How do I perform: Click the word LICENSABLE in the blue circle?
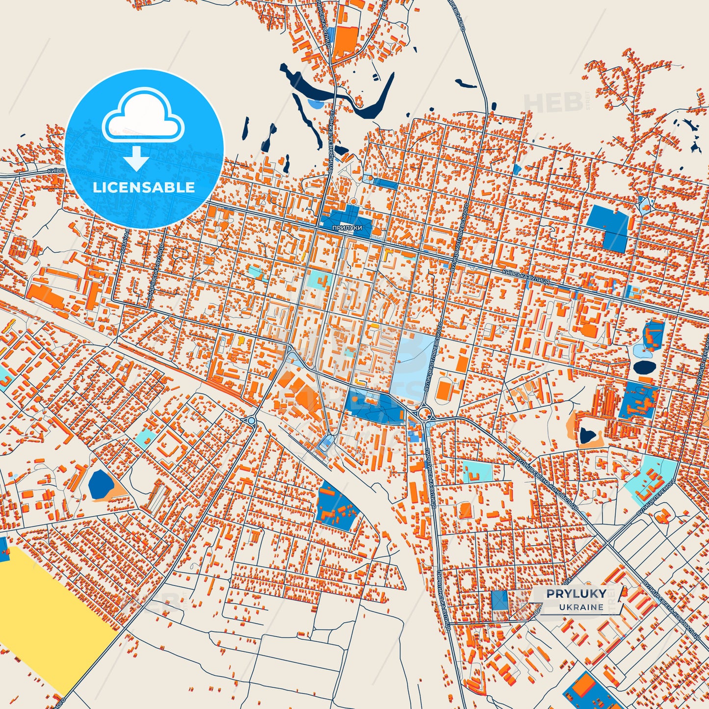144,187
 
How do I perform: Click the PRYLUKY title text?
576,594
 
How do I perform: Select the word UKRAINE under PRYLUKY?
581,607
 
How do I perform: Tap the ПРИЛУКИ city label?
347,228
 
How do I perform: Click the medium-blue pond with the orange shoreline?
100,484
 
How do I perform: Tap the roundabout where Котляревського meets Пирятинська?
425,413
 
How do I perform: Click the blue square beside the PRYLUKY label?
499,600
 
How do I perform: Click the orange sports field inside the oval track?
444,391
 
